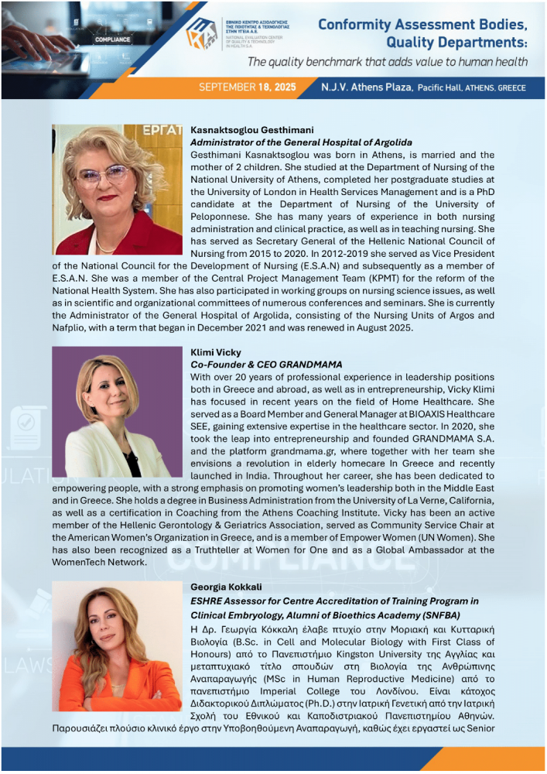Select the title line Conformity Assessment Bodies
[422, 25]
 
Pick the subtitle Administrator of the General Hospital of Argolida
[301, 142]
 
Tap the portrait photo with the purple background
[117, 412]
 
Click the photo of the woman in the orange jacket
[117, 646]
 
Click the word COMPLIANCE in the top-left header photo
[112, 36]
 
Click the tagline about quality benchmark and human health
[388, 62]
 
